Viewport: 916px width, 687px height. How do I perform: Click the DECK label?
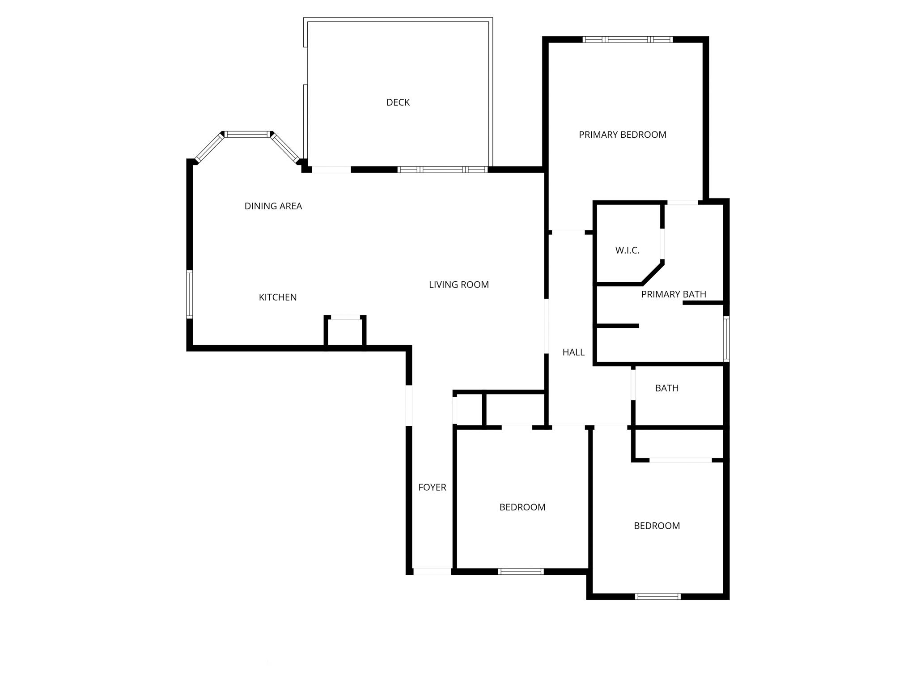tap(398, 102)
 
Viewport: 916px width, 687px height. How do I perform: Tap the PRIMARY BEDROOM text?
tap(623, 135)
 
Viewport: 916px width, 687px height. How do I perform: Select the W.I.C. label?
tap(628, 250)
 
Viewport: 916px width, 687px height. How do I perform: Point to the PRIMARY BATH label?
tap(674, 294)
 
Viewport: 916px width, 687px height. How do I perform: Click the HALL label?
tap(573, 352)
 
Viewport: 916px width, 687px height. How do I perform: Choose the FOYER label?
tap(432, 488)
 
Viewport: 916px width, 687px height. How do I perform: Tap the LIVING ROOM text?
tap(459, 284)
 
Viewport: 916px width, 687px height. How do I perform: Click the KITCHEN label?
tap(278, 297)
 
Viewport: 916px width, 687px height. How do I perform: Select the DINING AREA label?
tap(273, 206)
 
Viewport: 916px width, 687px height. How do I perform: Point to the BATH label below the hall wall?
tap(667, 388)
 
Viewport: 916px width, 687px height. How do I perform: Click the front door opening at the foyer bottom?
tap(432, 571)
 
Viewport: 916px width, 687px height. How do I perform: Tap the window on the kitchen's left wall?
tap(190, 294)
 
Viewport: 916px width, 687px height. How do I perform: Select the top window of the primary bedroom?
tap(628, 39)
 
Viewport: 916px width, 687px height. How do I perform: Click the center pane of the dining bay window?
tap(248, 134)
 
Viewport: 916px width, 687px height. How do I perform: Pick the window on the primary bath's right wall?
tap(726, 339)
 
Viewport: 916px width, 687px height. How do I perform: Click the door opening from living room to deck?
tap(331, 170)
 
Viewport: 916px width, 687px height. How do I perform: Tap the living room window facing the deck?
tap(442, 170)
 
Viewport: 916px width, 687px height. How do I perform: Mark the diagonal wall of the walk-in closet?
tap(653, 273)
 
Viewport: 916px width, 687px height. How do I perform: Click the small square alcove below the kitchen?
tap(345, 331)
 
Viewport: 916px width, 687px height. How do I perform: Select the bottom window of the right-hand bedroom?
tap(658, 596)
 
